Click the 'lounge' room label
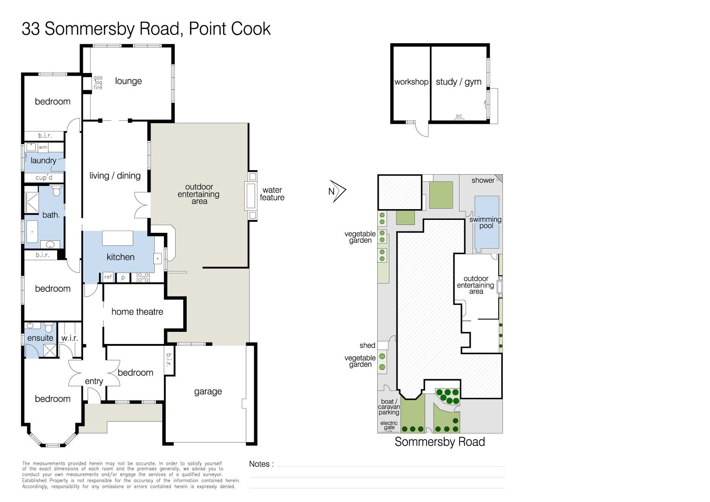[x=128, y=81]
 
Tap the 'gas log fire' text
[x=98, y=82]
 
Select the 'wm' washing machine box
[x=43, y=147]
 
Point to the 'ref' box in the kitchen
[x=108, y=277]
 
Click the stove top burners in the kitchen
[x=143, y=277]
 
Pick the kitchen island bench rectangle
[x=117, y=238]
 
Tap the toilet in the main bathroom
[x=56, y=191]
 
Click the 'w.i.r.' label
[x=69, y=338]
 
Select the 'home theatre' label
[x=137, y=312]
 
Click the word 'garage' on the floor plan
[x=208, y=392]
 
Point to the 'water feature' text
[x=272, y=194]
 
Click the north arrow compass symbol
[x=337, y=191]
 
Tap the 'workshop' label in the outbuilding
[x=411, y=82]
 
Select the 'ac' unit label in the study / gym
[x=459, y=116]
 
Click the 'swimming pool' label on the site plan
[x=485, y=223]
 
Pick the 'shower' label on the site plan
[x=483, y=180]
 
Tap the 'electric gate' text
[x=389, y=425]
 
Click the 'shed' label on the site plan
[x=368, y=345]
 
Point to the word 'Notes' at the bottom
[x=259, y=464]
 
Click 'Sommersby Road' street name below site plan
[x=440, y=442]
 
